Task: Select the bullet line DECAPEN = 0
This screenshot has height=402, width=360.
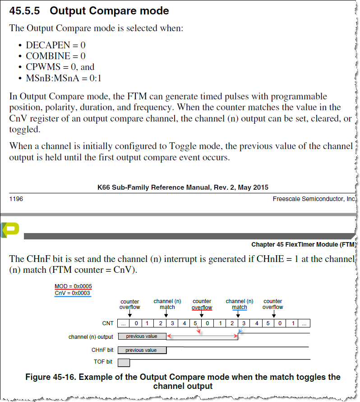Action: coord(55,45)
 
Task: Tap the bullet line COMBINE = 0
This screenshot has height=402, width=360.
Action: coord(55,56)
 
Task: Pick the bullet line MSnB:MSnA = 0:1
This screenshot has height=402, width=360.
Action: coord(64,78)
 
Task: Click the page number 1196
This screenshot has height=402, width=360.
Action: coord(16,199)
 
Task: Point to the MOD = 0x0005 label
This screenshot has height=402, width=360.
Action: coord(73,286)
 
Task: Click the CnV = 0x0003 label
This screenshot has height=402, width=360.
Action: coord(72,293)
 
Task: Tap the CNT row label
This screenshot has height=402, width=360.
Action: coord(108,323)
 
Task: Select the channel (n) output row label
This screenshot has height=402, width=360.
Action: coord(91,337)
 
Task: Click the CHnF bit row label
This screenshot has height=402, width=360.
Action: coord(102,350)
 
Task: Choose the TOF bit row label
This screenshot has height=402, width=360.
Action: coord(103,362)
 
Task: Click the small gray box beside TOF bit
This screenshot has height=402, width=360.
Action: coord(124,362)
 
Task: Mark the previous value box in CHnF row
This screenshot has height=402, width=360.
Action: coord(142,350)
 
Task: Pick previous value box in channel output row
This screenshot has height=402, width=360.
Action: coord(142,337)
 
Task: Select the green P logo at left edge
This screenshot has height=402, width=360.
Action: coord(10,229)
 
